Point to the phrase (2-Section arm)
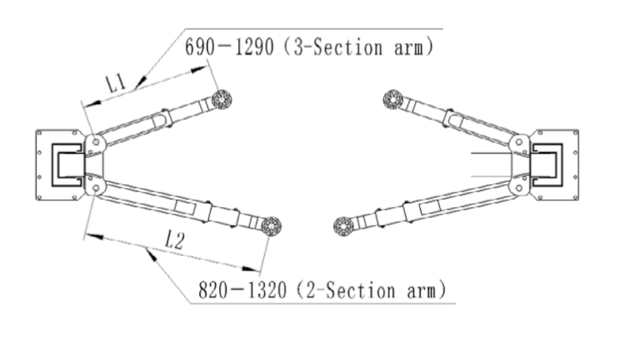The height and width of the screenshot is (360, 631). point(370,290)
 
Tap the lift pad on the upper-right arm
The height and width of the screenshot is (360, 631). point(393,99)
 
